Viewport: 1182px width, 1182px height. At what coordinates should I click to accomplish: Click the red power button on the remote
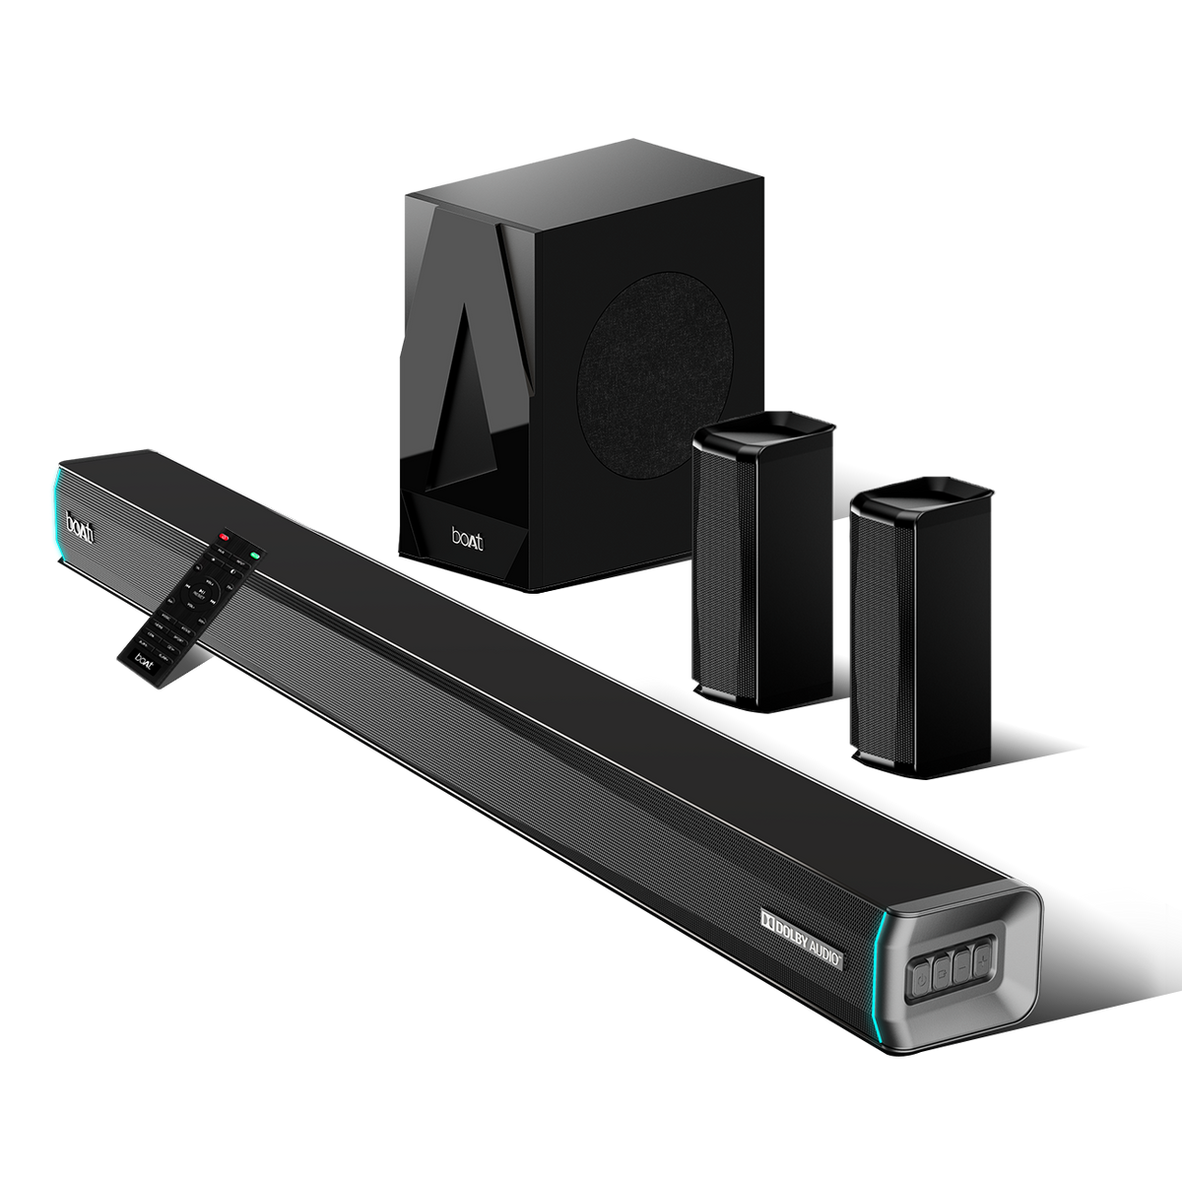pos(224,538)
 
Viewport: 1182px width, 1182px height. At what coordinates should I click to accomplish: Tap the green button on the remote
pos(255,556)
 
